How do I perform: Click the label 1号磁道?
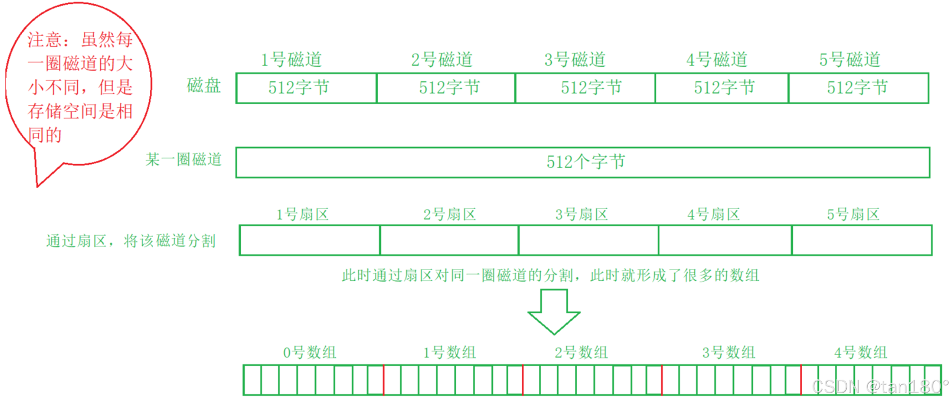pos(291,60)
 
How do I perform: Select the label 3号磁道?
pos(575,60)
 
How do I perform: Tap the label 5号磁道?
pos(850,60)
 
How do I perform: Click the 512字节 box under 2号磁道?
pos(446,88)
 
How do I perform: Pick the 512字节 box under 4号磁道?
pos(722,88)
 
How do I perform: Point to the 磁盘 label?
pos(204,86)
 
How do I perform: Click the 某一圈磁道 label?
pos(183,160)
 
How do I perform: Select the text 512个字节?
pos(586,162)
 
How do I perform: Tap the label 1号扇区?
pos(302,215)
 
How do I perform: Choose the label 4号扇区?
pos(714,215)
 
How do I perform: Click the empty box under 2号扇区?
pos(449,240)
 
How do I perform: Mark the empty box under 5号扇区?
pos(861,240)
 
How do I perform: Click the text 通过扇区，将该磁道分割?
pos(131,241)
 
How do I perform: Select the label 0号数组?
pos(309,353)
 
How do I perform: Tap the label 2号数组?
pos(581,353)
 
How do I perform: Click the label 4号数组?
pos(860,353)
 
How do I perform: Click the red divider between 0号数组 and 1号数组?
pos(383,380)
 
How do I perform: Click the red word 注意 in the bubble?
pos(45,40)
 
